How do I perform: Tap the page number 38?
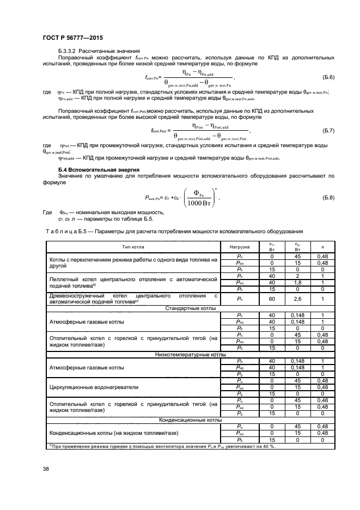tap(46, 467)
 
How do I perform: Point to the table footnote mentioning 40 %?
tap(163, 446)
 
